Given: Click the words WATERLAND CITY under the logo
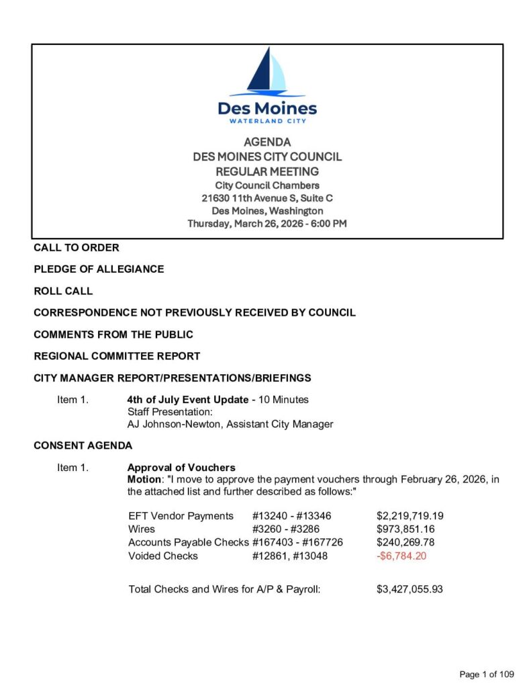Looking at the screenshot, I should coord(267,122).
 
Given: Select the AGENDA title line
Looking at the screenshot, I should coord(267,142).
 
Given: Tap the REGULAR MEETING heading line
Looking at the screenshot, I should coord(267,171).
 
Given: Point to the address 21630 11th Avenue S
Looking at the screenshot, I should coord(267,198).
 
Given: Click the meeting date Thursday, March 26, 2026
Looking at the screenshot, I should coord(267,224).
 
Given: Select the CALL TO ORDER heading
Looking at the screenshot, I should coord(77,247).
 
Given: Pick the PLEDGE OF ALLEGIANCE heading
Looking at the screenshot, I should coord(99,269).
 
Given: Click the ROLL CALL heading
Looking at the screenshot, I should coord(63,291).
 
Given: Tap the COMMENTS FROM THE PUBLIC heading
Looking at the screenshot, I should coord(113,335).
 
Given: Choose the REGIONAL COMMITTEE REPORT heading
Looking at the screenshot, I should coord(117,356).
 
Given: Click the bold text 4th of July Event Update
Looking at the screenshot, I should coord(188,400).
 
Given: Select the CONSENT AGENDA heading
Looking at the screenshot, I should coord(83,445).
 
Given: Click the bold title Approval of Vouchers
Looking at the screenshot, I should coord(181,468).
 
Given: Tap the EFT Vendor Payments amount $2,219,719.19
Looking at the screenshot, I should coord(409,516).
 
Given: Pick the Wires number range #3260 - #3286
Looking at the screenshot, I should coord(281,529).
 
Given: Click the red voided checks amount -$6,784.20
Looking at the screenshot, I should coord(401,556).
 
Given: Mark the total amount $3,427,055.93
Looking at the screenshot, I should coord(409,589).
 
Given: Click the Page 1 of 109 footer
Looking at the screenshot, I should coord(487,674).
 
